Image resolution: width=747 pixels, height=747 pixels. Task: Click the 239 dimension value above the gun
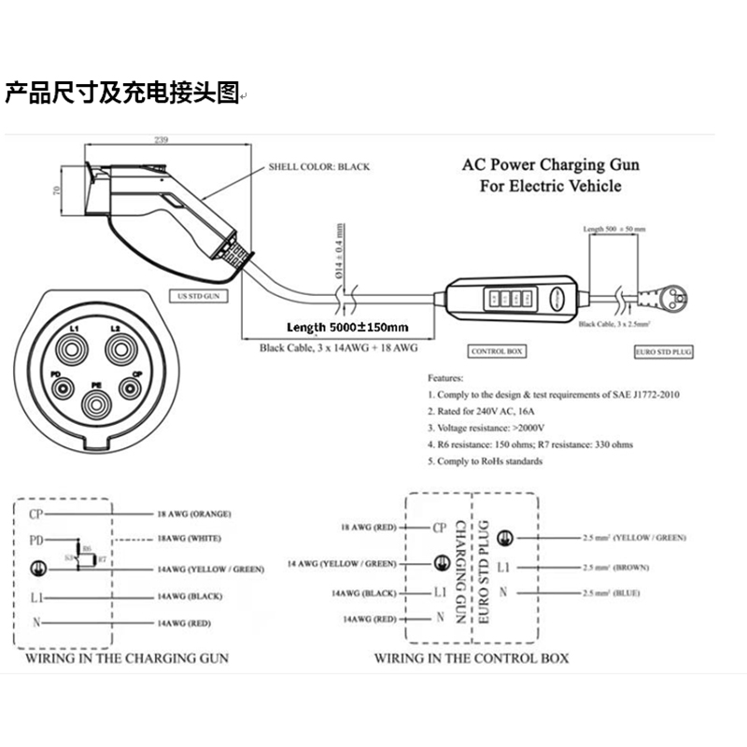[161, 140]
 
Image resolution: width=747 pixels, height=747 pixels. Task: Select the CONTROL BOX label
[496, 351]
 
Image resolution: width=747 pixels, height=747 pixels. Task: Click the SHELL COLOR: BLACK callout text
[318, 167]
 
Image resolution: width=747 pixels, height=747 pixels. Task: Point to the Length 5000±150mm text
[348, 327]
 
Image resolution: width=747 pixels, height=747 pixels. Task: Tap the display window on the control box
[505, 299]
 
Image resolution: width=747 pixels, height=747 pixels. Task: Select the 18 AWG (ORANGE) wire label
[195, 514]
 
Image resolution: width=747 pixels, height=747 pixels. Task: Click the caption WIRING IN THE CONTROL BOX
[472, 657]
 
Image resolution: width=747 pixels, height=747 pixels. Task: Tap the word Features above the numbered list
[444, 378]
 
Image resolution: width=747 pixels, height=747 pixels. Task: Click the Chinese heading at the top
[122, 94]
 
